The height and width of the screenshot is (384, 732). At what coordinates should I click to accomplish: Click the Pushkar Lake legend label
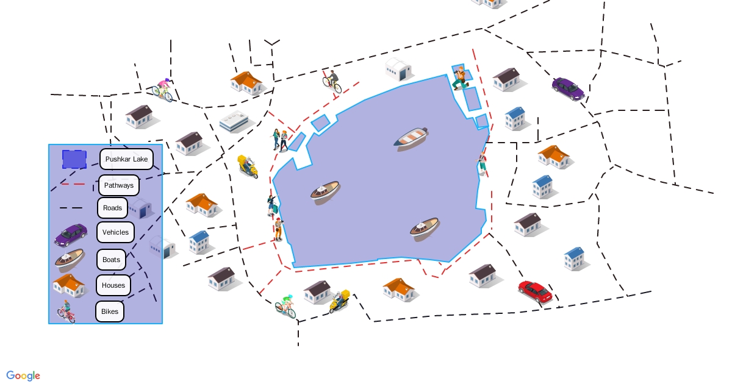tap(126, 159)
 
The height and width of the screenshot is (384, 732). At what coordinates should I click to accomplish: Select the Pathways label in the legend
tap(118, 185)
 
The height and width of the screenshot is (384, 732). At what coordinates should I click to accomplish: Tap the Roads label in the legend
tap(112, 208)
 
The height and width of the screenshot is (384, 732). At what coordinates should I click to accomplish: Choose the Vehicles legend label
tap(115, 232)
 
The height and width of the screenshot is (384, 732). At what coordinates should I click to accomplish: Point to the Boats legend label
tap(111, 260)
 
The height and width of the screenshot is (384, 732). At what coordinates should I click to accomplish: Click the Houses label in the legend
tap(113, 285)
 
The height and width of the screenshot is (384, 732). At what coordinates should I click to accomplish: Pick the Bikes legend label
tap(109, 311)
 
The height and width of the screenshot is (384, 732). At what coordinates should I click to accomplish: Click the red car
tap(535, 291)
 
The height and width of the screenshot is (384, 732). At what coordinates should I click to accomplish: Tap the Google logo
tap(23, 376)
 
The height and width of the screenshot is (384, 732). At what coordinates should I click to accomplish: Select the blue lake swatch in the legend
tap(74, 159)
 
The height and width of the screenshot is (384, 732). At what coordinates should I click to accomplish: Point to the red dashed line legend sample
tap(73, 184)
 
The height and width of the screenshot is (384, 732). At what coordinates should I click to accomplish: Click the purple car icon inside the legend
tap(71, 235)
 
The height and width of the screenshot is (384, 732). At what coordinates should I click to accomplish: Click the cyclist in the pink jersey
tap(162, 90)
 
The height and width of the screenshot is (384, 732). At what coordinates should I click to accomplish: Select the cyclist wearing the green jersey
tap(285, 306)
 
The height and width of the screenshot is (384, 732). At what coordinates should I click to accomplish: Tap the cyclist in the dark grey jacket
tap(332, 82)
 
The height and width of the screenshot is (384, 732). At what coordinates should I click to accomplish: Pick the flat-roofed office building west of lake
tap(233, 121)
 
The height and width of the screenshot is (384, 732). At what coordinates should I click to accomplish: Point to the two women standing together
tap(280, 140)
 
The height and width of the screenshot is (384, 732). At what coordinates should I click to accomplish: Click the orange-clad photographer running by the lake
tap(460, 78)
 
